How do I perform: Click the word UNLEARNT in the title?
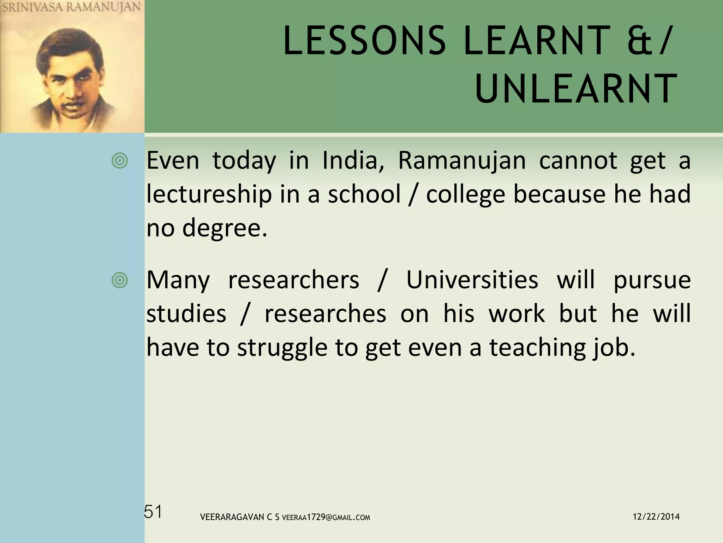coord(576,89)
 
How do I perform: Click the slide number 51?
coord(153,512)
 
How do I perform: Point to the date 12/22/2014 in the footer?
coord(656,517)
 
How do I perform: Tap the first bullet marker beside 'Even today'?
coord(120,161)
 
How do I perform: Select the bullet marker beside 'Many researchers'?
coord(120,280)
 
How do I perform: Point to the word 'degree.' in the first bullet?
coord(225,228)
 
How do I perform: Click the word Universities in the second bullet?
coord(472,280)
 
